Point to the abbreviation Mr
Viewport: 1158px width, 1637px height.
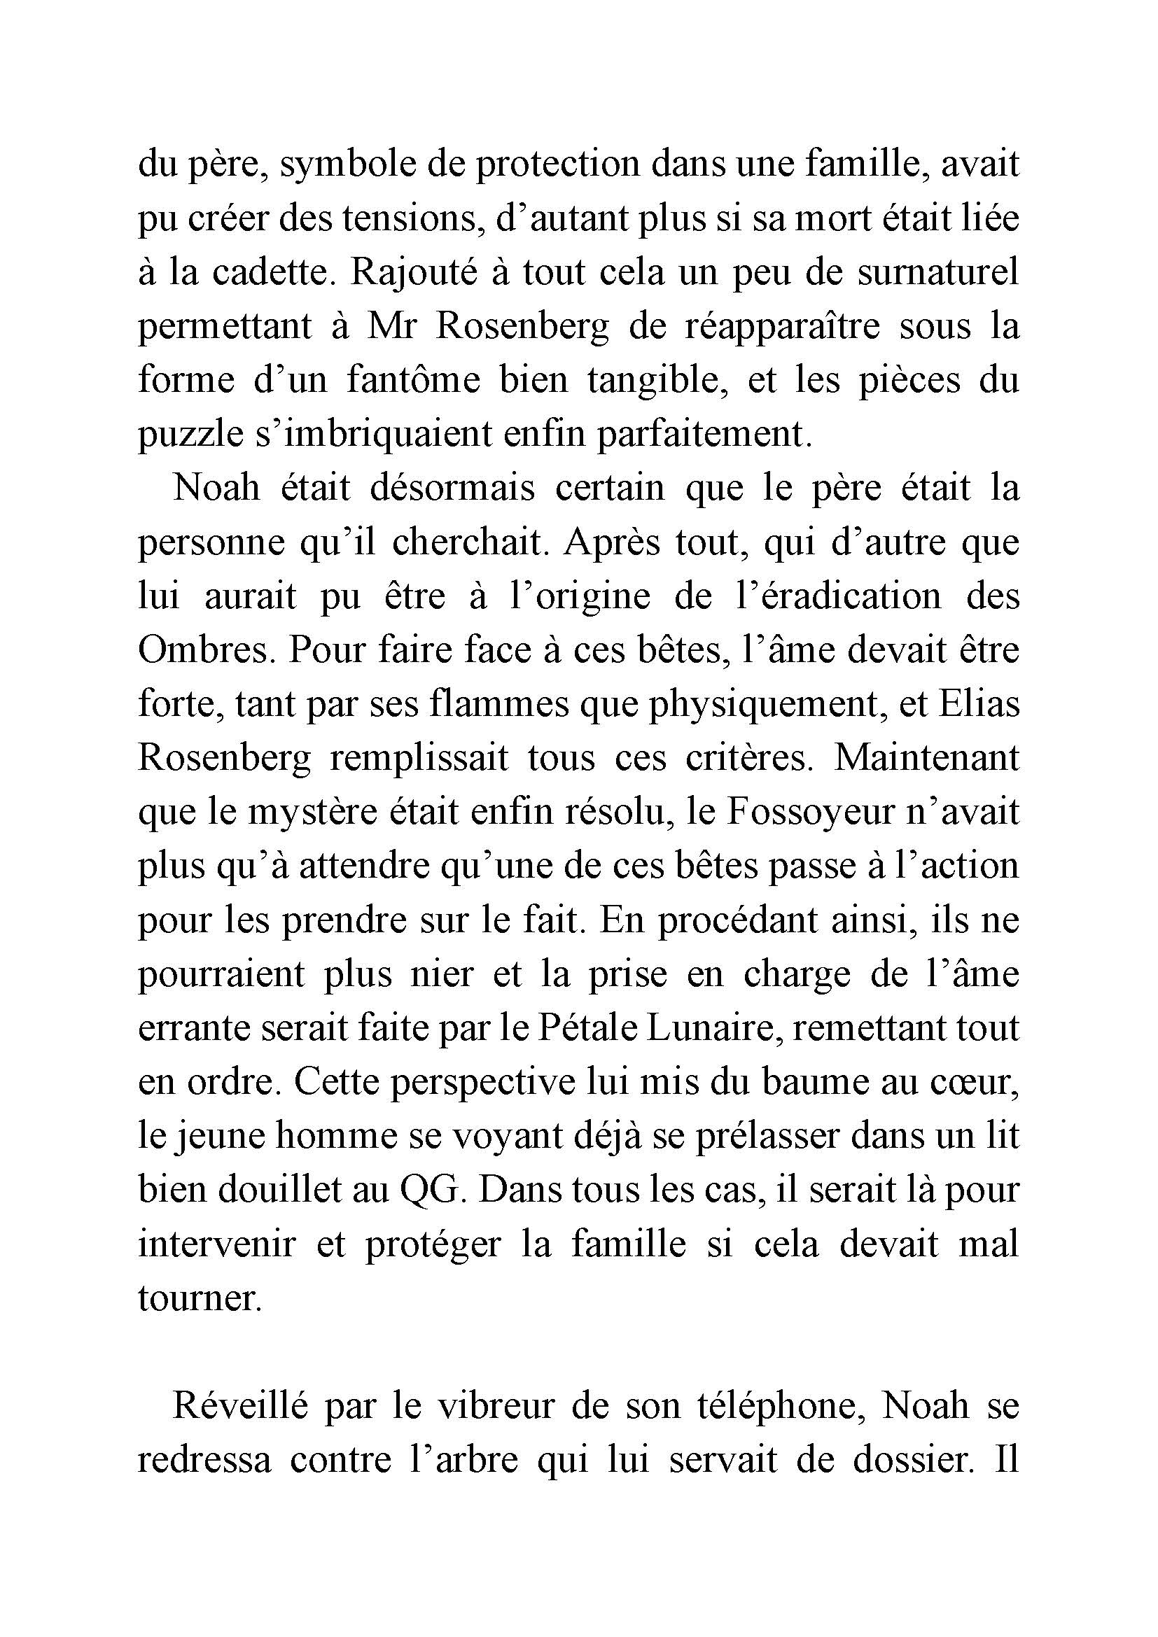391,327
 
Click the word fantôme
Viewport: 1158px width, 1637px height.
414,380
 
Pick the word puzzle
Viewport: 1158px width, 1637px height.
188,434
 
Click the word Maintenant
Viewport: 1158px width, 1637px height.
927,757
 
